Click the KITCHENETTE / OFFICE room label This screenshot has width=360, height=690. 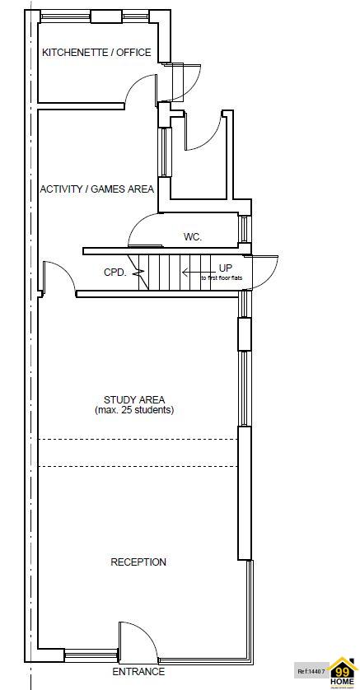(x=96, y=53)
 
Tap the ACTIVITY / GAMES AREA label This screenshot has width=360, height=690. (x=97, y=189)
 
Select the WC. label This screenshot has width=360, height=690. (x=193, y=237)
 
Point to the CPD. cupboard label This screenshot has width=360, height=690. (x=115, y=273)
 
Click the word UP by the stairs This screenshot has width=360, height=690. (x=225, y=268)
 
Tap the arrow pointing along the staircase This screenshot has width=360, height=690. (x=196, y=270)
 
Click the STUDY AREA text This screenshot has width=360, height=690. (x=134, y=400)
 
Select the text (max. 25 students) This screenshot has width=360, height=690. (x=134, y=410)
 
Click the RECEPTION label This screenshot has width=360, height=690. (x=138, y=562)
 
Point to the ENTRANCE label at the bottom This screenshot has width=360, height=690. (x=138, y=672)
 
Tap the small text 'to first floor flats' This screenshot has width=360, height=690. (x=222, y=278)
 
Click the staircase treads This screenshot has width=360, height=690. (x=165, y=272)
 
